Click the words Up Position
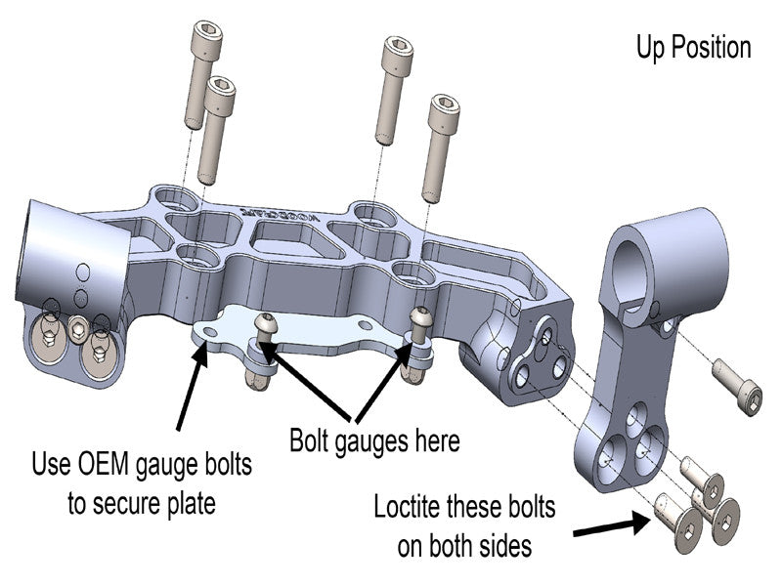693,47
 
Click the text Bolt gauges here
374,440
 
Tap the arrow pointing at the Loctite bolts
611,526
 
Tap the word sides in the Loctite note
504,545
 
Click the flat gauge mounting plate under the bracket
293,332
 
